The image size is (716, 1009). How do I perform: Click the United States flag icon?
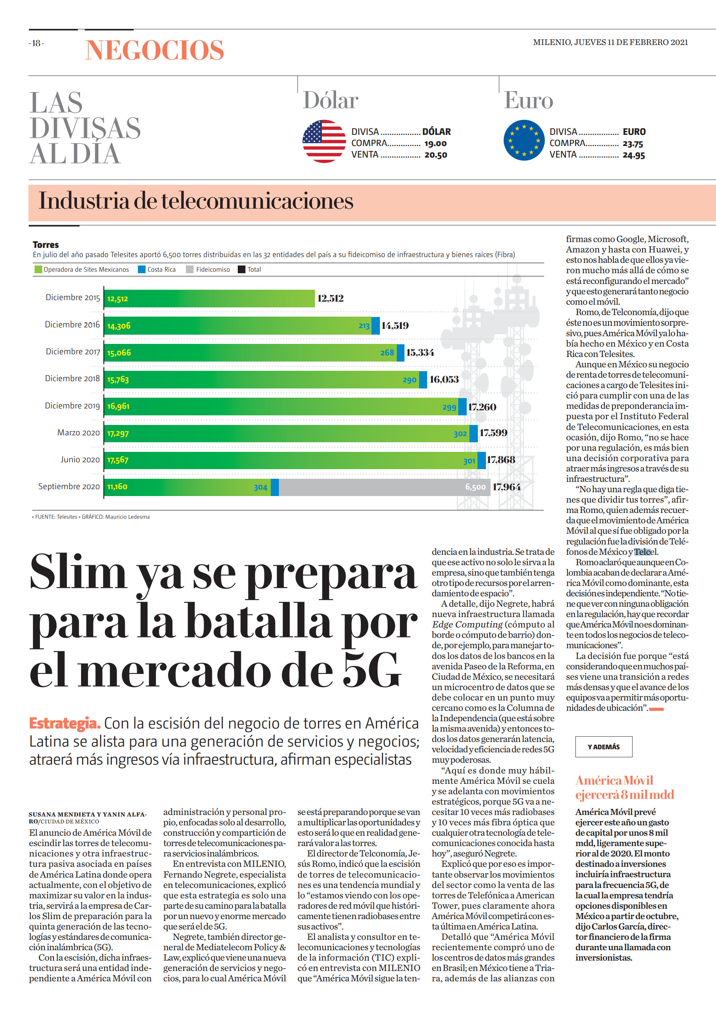click(x=324, y=141)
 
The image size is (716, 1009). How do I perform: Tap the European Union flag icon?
click(x=524, y=140)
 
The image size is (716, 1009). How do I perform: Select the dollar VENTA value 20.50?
click(x=436, y=155)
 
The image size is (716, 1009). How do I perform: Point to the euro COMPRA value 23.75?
click(x=633, y=144)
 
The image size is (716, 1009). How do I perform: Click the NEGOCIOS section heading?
click(x=155, y=50)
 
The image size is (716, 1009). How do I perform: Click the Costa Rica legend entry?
click(x=157, y=269)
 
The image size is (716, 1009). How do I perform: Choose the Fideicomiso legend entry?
click(x=208, y=269)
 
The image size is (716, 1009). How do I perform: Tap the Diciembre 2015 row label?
click(x=73, y=298)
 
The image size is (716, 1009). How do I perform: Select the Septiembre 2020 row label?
click(x=69, y=486)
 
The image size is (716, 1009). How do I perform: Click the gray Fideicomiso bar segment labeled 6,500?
click(x=385, y=487)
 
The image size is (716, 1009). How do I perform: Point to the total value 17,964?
click(x=507, y=487)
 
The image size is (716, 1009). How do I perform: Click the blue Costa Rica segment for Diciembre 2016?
click(x=376, y=326)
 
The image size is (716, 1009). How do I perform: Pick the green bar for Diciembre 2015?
click(x=209, y=299)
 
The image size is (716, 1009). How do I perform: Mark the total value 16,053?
click(x=444, y=380)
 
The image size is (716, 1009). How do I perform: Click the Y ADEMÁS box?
click(x=603, y=747)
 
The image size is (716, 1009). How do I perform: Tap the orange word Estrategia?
click(x=65, y=724)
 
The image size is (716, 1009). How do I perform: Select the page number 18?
click(x=36, y=43)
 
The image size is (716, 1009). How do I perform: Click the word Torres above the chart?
click(x=45, y=245)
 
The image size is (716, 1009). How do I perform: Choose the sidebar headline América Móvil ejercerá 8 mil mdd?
click(x=625, y=787)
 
